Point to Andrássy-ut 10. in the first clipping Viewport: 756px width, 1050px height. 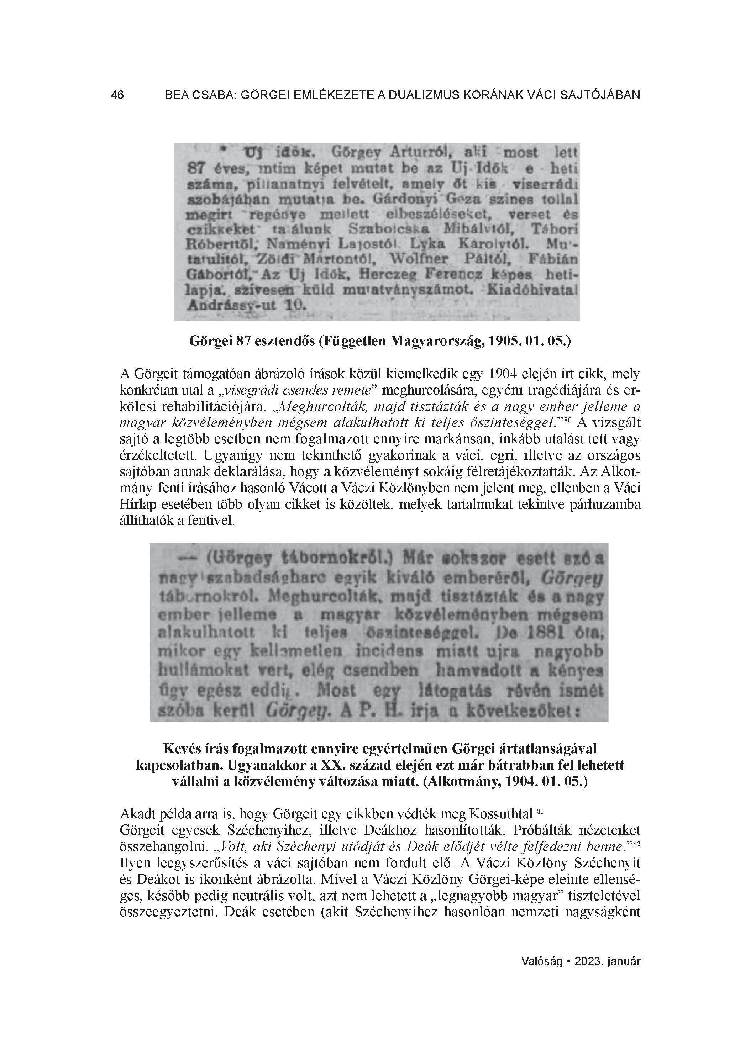(246, 306)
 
